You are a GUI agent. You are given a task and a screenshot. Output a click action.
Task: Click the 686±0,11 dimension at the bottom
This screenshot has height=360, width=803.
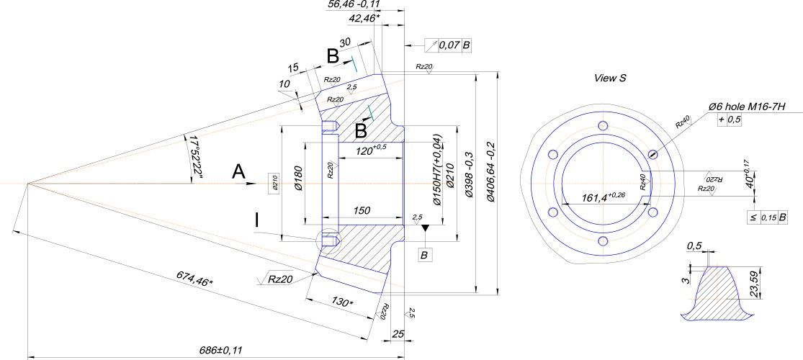coord(221,351)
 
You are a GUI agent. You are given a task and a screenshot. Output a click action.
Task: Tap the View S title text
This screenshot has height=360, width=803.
coord(610,78)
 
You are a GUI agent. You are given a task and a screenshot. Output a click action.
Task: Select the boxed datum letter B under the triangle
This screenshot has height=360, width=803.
coord(426,255)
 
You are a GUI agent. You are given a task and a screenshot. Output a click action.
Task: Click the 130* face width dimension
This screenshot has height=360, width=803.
coord(341,302)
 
